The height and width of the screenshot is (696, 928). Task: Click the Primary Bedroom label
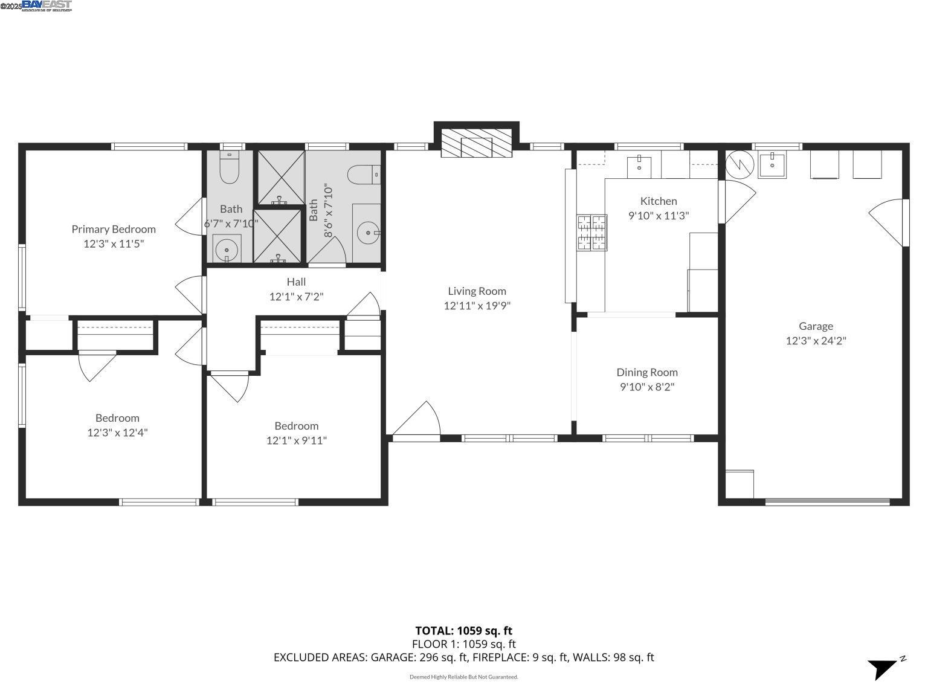pos(114,229)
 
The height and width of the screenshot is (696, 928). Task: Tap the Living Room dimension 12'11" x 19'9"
pos(477,306)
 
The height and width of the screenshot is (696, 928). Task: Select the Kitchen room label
pos(659,201)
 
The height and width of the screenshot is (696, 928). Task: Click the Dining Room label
pos(647,372)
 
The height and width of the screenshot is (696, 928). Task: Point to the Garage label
pos(816,326)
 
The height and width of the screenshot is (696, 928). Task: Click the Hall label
pos(296,282)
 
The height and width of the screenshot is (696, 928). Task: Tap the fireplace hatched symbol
pos(476,143)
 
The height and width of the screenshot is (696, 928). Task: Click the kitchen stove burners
pos(592,233)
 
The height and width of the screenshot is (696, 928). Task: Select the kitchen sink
pos(639,164)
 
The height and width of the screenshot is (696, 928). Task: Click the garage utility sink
pos(772,164)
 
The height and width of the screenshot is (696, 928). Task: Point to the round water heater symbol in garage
pos(739,164)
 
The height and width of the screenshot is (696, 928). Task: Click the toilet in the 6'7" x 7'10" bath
pos(230,167)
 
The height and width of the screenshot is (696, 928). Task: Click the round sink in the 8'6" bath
pos(367,233)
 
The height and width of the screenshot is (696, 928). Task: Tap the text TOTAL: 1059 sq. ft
pos(463,631)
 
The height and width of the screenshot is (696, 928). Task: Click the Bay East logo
pos(46,6)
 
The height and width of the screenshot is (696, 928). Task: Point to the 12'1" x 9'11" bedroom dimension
pos(296,440)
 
